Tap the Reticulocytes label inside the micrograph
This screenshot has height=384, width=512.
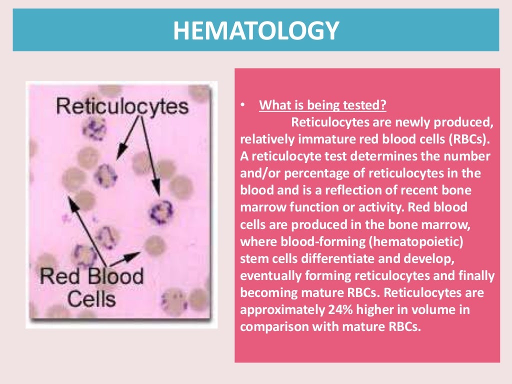(x=122, y=106)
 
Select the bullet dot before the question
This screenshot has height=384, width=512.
(x=242, y=105)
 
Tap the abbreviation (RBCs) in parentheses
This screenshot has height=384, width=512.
(x=459, y=139)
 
